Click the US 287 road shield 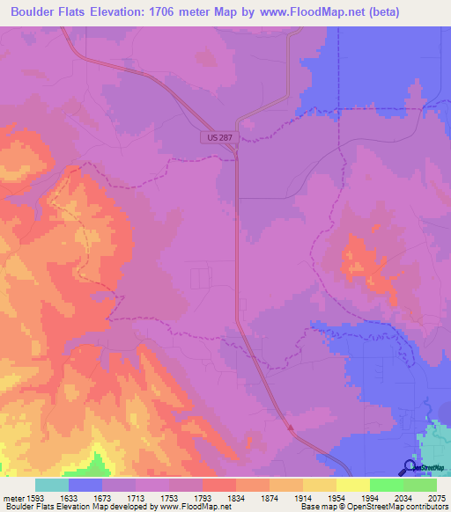[x=218, y=138]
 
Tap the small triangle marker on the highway [x=290, y=428]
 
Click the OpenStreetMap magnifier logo [x=410, y=467]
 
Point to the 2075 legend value [x=436, y=497]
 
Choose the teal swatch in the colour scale [x=52, y=485]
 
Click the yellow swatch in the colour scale [x=353, y=485]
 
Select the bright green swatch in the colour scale [x=387, y=485]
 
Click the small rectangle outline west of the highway [x=201, y=278]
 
